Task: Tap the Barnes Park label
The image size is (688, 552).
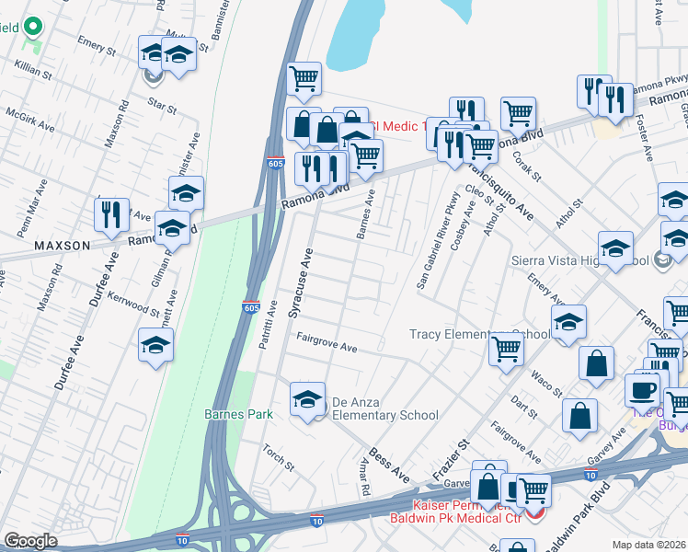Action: click(x=238, y=414)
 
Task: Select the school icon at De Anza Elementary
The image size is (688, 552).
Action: click(x=307, y=399)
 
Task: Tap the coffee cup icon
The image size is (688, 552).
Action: click(x=641, y=389)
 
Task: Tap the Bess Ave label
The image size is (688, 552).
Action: click(x=389, y=467)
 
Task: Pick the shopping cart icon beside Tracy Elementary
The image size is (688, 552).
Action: click(x=506, y=351)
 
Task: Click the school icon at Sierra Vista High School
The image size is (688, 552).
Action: click(x=615, y=248)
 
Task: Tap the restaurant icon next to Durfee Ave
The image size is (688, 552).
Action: click(x=111, y=213)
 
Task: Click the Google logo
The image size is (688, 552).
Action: click(x=30, y=541)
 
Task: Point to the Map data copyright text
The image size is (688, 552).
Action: click(x=649, y=544)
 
